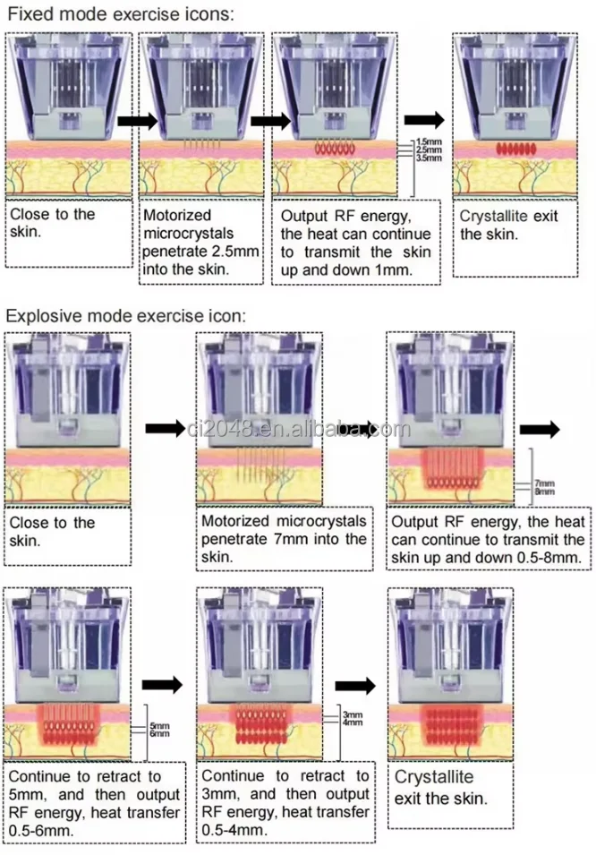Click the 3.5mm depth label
click(x=428, y=158)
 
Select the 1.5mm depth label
click(x=428, y=142)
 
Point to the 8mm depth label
click(x=545, y=492)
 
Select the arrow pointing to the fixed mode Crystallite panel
click(x=424, y=120)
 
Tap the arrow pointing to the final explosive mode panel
click(x=355, y=685)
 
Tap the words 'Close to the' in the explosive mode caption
click(x=52, y=523)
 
